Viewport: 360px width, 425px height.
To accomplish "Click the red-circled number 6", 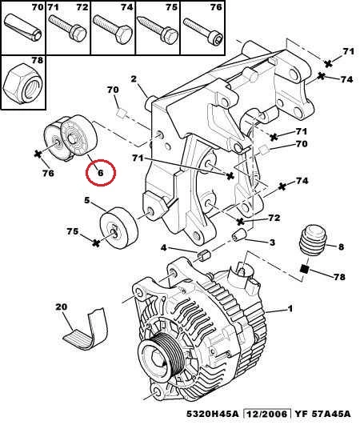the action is [101, 173].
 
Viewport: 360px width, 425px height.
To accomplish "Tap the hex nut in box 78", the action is [22, 83].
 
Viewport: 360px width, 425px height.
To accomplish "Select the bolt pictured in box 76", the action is [203, 31].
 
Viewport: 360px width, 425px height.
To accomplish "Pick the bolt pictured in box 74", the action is [112, 30].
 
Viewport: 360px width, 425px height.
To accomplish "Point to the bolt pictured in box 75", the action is [158, 30].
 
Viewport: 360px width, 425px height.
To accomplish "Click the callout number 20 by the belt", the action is [62, 307].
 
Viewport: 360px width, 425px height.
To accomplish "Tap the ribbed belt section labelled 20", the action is [86, 330].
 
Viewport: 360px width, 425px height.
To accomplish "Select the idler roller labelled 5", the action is [119, 228].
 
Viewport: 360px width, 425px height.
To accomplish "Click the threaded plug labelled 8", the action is [313, 240].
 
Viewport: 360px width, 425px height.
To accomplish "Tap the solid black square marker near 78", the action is [305, 269].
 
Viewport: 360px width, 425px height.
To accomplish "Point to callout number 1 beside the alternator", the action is [290, 309].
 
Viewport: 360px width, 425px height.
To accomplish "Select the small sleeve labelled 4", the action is [205, 255].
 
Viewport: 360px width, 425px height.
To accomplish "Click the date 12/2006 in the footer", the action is [267, 414].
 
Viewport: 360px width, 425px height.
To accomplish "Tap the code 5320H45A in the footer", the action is [213, 414].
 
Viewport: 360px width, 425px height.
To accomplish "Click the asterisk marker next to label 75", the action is [96, 242].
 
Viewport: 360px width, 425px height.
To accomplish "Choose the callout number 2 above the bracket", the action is [134, 79].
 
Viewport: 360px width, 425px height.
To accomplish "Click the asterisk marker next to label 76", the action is [38, 154].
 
